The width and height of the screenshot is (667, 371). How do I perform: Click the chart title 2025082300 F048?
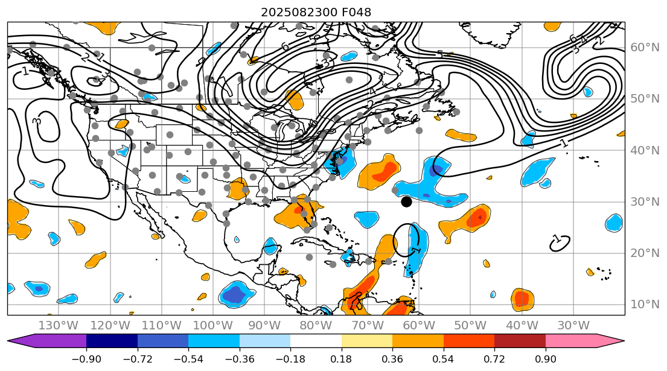[316, 12]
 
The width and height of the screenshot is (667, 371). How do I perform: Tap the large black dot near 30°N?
[406, 201]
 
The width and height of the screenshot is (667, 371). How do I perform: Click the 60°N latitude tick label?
[644, 47]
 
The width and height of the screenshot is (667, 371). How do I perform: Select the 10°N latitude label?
[644, 304]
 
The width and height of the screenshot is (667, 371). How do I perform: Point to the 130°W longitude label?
[58, 325]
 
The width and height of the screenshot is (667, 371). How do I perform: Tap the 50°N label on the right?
[644, 98]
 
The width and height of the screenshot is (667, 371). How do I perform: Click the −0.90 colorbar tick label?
[86, 359]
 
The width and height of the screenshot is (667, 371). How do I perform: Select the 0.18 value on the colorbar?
[342, 359]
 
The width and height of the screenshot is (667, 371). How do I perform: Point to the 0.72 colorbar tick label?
[494, 359]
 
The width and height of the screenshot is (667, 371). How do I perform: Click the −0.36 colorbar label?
[240, 359]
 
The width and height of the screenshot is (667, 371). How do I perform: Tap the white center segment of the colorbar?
[316, 341]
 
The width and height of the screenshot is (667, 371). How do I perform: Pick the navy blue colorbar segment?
[112, 341]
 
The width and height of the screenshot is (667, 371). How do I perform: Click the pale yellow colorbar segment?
[367, 341]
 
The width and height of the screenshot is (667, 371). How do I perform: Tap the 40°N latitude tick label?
[644, 150]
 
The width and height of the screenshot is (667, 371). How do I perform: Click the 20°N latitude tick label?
[644, 253]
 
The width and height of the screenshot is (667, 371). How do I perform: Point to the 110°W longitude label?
[161, 325]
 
